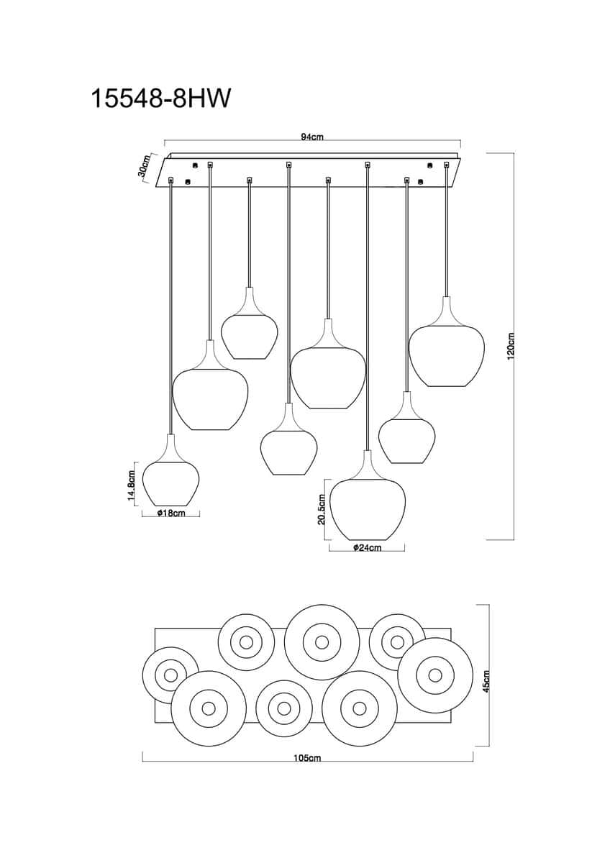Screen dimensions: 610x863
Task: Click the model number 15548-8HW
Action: pyautogui.click(x=160, y=99)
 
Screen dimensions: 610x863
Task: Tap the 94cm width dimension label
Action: pyautogui.click(x=312, y=137)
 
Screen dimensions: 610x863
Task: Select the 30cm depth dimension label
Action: pyautogui.click(x=144, y=166)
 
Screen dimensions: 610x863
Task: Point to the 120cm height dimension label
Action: pyautogui.click(x=511, y=346)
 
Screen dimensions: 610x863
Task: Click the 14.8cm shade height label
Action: pyautogui.click(x=132, y=483)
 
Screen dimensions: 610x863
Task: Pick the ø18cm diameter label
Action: pyautogui.click(x=171, y=513)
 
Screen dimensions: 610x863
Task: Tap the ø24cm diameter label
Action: pyautogui.click(x=367, y=547)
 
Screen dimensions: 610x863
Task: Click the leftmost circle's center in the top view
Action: pyautogui.click(x=170, y=675)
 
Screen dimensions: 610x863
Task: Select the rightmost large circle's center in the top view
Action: pyautogui.click(x=435, y=675)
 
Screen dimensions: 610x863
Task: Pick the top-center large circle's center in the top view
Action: pyautogui.click(x=322, y=641)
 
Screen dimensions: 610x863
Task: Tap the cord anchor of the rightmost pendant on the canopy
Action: pyautogui.click(x=447, y=165)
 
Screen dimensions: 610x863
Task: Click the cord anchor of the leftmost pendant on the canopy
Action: pyautogui.click(x=170, y=179)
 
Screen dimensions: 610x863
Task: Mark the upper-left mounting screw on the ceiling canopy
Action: pyautogui.click(x=195, y=165)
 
